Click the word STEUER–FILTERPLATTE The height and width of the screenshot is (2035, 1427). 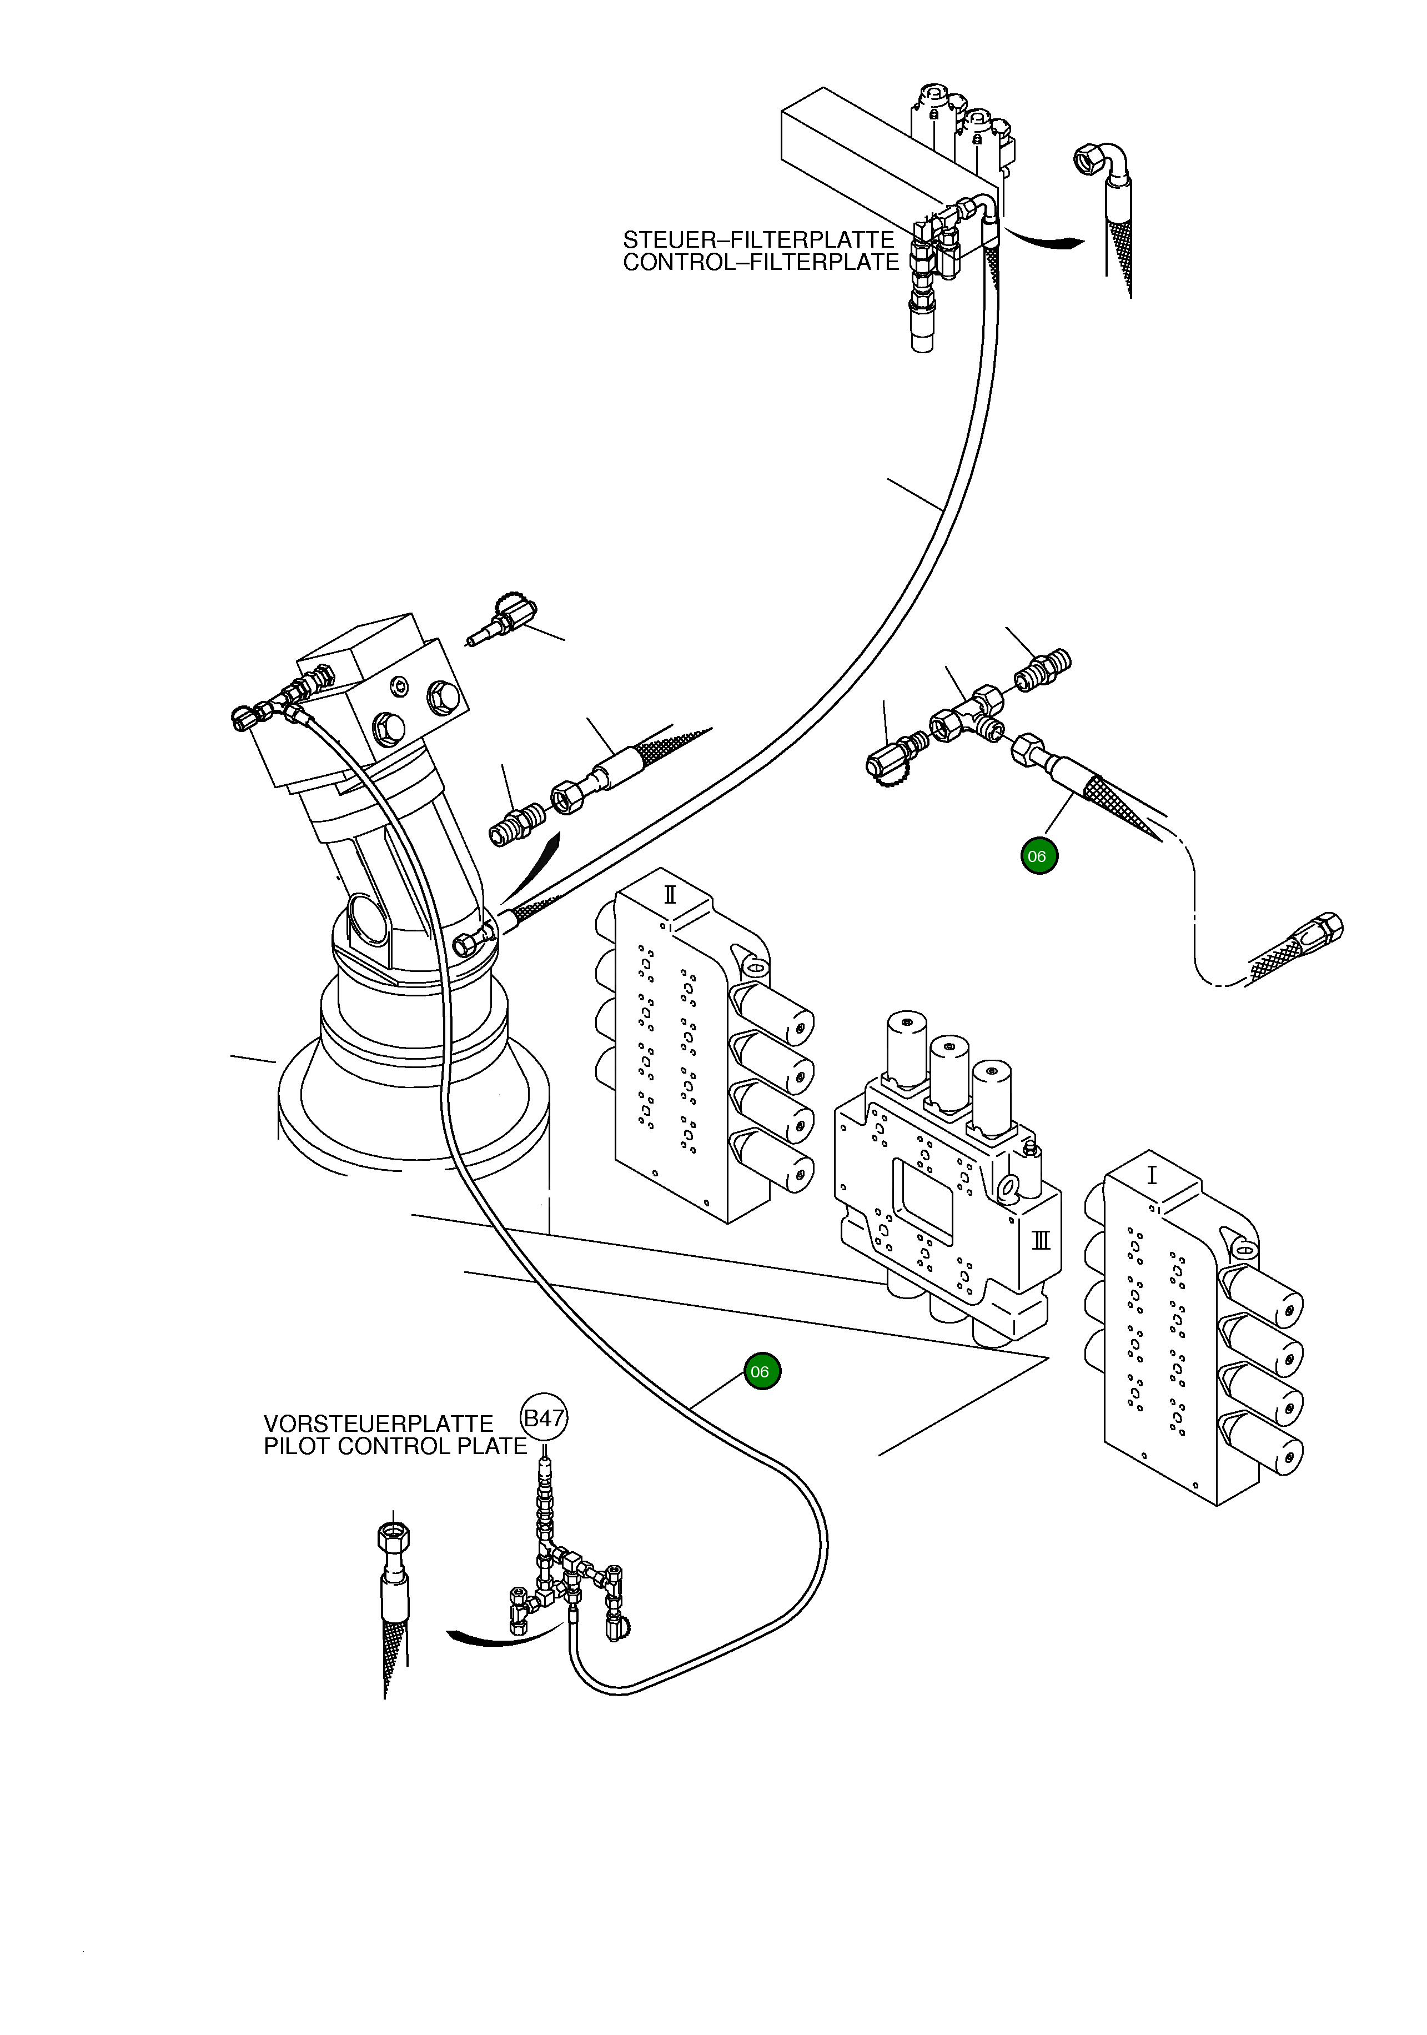click(x=758, y=240)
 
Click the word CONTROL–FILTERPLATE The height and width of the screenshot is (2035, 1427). click(x=761, y=262)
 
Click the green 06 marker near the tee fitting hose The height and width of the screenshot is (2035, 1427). click(x=1038, y=856)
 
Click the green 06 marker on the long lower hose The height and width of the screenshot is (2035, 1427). click(x=761, y=1372)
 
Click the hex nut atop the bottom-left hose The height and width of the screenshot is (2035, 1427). click(x=394, y=1533)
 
